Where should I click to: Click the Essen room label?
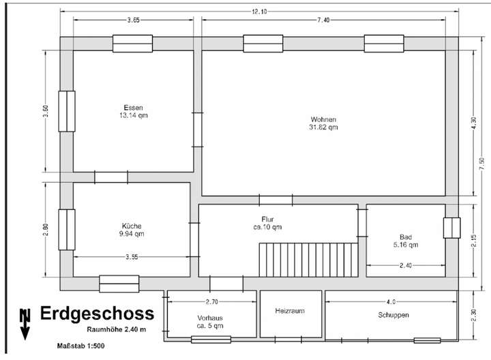point(133,108)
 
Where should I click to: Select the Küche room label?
point(132,226)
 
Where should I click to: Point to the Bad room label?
point(405,237)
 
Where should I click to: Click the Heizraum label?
point(289,311)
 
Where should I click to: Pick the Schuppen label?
point(393,315)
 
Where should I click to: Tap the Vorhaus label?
point(210,318)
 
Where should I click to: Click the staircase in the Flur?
point(308,258)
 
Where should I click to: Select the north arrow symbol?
point(25,323)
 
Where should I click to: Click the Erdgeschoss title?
point(97,314)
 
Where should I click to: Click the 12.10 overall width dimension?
point(258,12)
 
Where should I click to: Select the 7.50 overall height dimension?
point(482,161)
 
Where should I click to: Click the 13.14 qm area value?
point(133,116)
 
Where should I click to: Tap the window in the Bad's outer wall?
point(451,228)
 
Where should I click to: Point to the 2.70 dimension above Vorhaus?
point(211,301)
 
